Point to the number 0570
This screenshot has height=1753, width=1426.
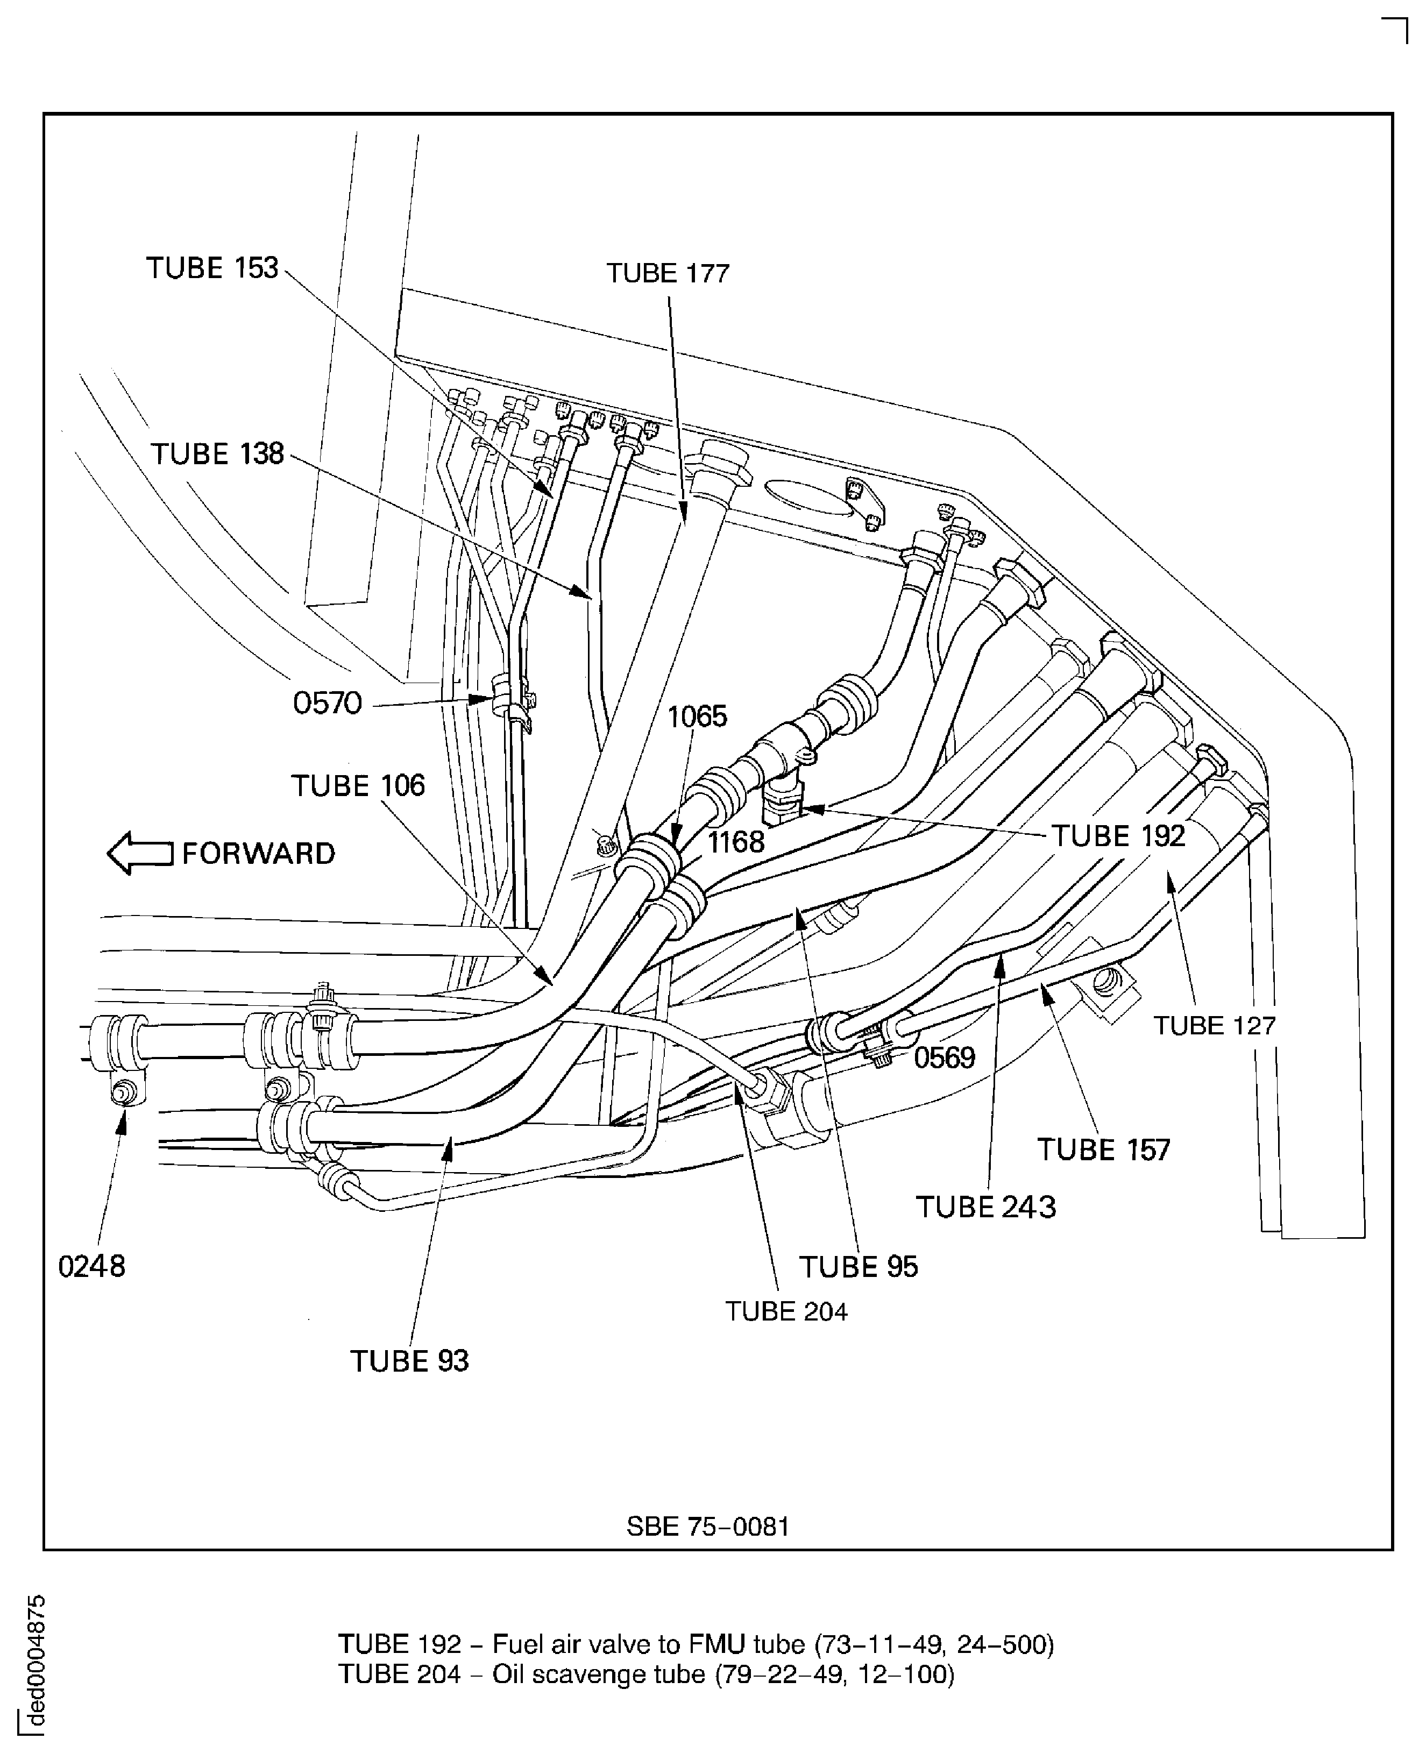tap(327, 703)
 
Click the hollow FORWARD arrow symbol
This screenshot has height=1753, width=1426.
tap(140, 854)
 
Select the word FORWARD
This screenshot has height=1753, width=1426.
tap(258, 854)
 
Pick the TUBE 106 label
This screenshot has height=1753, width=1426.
tap(358, 786)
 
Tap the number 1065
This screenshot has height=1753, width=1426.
tap(697, 717)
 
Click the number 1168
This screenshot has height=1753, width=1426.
tap(735, 842)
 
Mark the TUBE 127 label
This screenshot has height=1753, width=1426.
tap(1214, 1026)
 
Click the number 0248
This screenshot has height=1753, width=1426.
tap(91, 1267)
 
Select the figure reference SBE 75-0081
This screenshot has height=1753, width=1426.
tap(707, 1527)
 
